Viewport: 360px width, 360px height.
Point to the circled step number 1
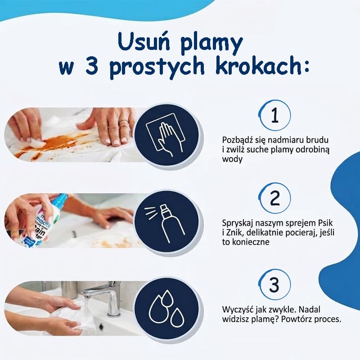[274, 115]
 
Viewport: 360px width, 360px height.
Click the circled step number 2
[274, 198]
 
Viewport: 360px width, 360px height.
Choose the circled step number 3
[274, 285]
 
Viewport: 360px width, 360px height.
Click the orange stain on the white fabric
[60, 144]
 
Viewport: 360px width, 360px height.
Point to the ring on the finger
[123, 121]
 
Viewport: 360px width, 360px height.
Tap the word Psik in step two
[324, 223]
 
